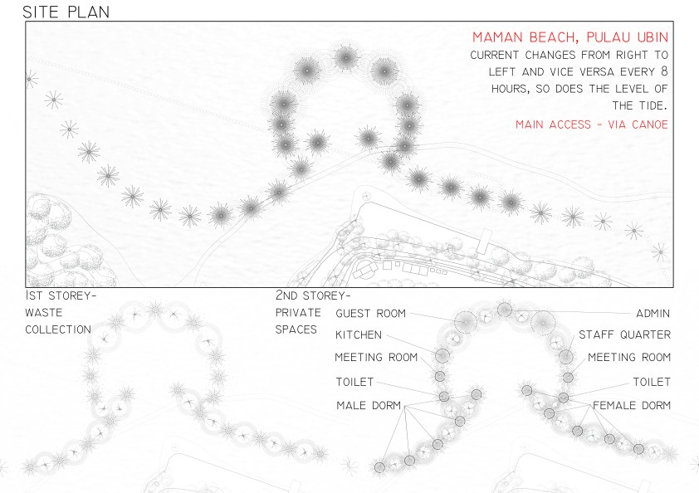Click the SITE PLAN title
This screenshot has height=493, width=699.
66,12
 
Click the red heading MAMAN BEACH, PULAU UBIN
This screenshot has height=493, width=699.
570,37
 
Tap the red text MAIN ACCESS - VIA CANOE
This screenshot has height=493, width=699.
592,124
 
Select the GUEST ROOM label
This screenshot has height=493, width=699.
370,314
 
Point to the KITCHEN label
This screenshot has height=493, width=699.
359,334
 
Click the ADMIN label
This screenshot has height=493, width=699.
653,314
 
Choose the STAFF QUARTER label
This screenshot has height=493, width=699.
624,334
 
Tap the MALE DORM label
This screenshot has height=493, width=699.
369,405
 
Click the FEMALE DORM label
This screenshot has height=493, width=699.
632,405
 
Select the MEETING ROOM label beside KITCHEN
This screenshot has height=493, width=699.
376,357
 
